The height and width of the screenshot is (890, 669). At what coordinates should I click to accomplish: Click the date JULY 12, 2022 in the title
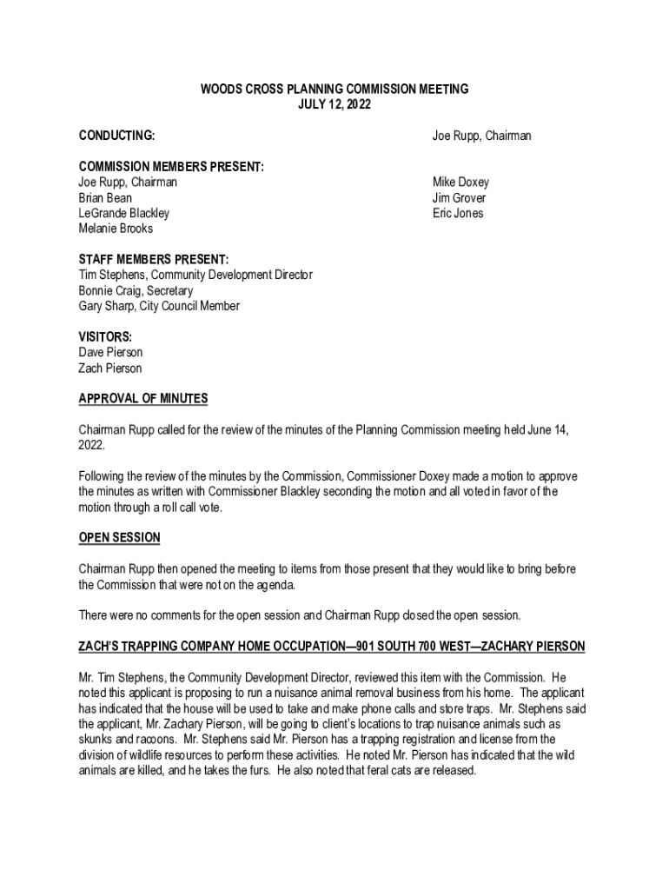[334, 104]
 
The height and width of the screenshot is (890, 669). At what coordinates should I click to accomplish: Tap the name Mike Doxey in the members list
[460, 183]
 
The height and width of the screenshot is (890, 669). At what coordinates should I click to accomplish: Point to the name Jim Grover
[460, 198]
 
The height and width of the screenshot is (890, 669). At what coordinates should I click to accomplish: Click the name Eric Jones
[458, 214]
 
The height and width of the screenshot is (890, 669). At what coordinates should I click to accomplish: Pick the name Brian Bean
[106, 198]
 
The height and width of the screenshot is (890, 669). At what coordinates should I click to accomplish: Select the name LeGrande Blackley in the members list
[124, 214]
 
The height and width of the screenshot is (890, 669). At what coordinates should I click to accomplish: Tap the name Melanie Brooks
[116, 229]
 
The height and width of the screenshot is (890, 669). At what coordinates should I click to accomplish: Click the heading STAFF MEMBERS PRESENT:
[154, 260]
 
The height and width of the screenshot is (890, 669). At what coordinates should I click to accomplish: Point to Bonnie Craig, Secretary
[136, 290]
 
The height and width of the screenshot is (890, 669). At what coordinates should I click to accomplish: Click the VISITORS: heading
[105, 337]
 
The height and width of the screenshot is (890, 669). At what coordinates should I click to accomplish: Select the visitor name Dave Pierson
[111, 353]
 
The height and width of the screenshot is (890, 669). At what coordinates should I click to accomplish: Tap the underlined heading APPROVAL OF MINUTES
[143, 399]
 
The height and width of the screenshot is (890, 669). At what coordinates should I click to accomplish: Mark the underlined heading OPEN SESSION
[119, 538]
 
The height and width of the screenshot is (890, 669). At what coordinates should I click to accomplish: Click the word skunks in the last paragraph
[95, 740]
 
